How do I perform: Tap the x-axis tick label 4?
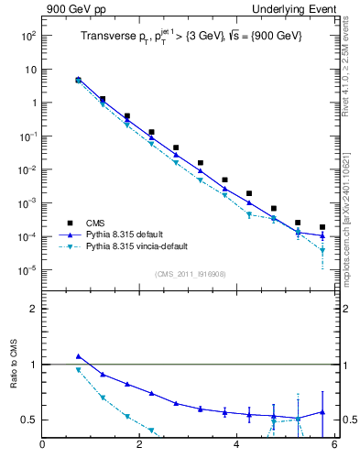pos(237,446)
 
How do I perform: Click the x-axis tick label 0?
pos(42,446)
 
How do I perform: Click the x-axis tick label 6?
pos(334,446)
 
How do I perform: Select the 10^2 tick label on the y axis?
pos(27,36)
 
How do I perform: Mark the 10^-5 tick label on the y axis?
pos(27,270)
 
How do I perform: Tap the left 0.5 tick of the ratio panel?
pos(28,420)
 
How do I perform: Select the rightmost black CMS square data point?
pos(322,227)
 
